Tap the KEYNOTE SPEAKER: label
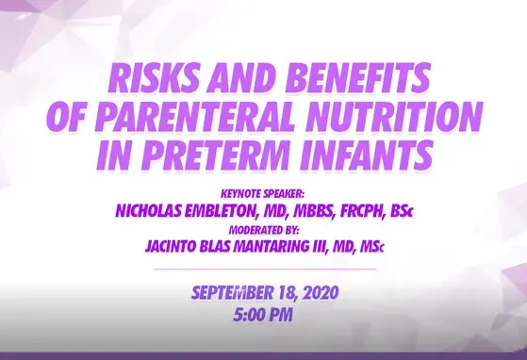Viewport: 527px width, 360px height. point(263,195)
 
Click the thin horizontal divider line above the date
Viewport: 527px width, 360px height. point(263,270)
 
